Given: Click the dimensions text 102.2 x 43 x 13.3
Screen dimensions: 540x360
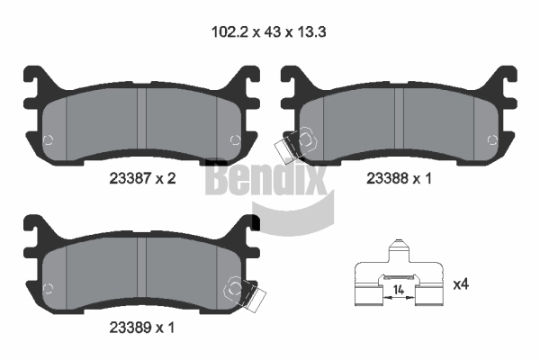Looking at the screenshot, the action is click(268, 32).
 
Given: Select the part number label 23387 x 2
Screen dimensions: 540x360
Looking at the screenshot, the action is click(142, 178).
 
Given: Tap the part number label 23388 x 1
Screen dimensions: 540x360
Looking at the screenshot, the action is click(399, 178).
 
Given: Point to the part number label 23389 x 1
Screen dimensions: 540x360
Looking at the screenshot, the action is click(142, 328).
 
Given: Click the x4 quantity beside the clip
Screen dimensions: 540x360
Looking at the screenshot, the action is click(461, 284).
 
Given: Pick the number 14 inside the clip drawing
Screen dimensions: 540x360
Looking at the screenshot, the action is click(399, 290).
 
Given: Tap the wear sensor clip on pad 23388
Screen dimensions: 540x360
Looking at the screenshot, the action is click(295, 146).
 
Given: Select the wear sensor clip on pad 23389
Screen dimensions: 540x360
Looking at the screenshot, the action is click(245, 293).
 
